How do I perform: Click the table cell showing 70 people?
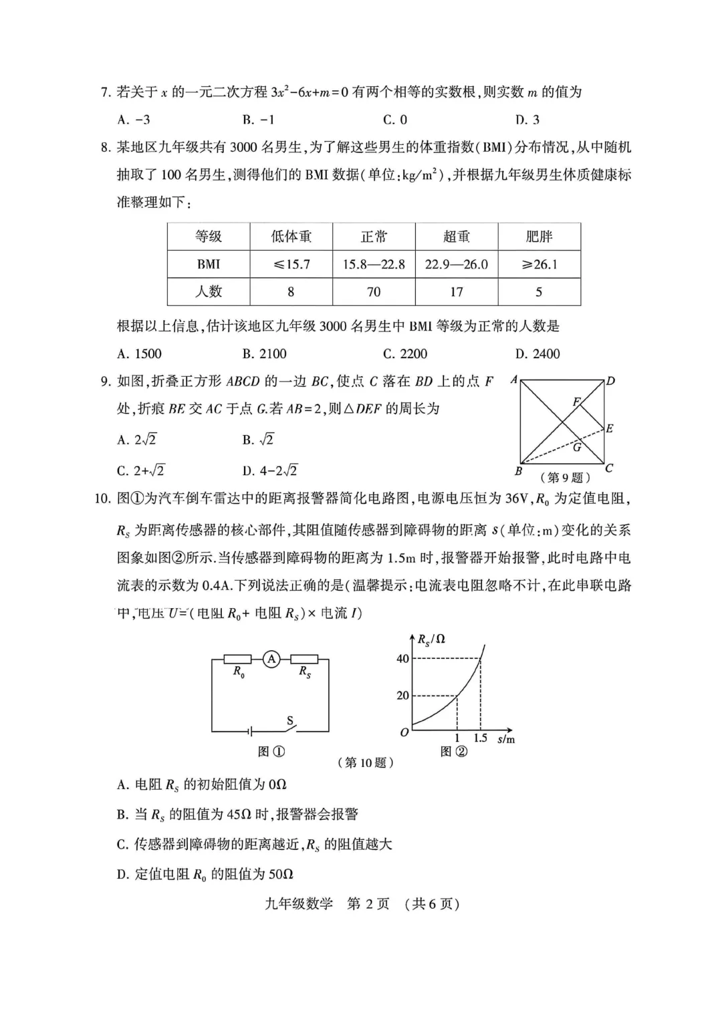click(374, 291)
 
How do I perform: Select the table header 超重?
click(457, 237)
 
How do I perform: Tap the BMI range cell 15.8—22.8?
click(374, 264)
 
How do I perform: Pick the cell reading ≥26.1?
click(539, 264)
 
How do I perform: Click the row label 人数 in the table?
click(209, 291)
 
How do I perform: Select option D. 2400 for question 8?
click(537, 353)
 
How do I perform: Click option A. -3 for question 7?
click(134, 120)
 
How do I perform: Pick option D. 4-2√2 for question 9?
click(270, 470)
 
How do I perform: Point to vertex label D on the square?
click(610, 382)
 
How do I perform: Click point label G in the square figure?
click(576, 447)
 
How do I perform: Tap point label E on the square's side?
click(610, 428)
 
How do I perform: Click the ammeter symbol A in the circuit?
click(271, 660)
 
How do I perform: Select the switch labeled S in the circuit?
click(290, 722)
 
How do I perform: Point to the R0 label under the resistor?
click(239, 672)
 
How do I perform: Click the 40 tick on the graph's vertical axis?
click(402, 659)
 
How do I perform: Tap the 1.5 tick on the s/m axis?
click(480, 738)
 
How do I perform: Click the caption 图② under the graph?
click(454, 752)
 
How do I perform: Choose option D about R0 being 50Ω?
click(205, 874)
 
